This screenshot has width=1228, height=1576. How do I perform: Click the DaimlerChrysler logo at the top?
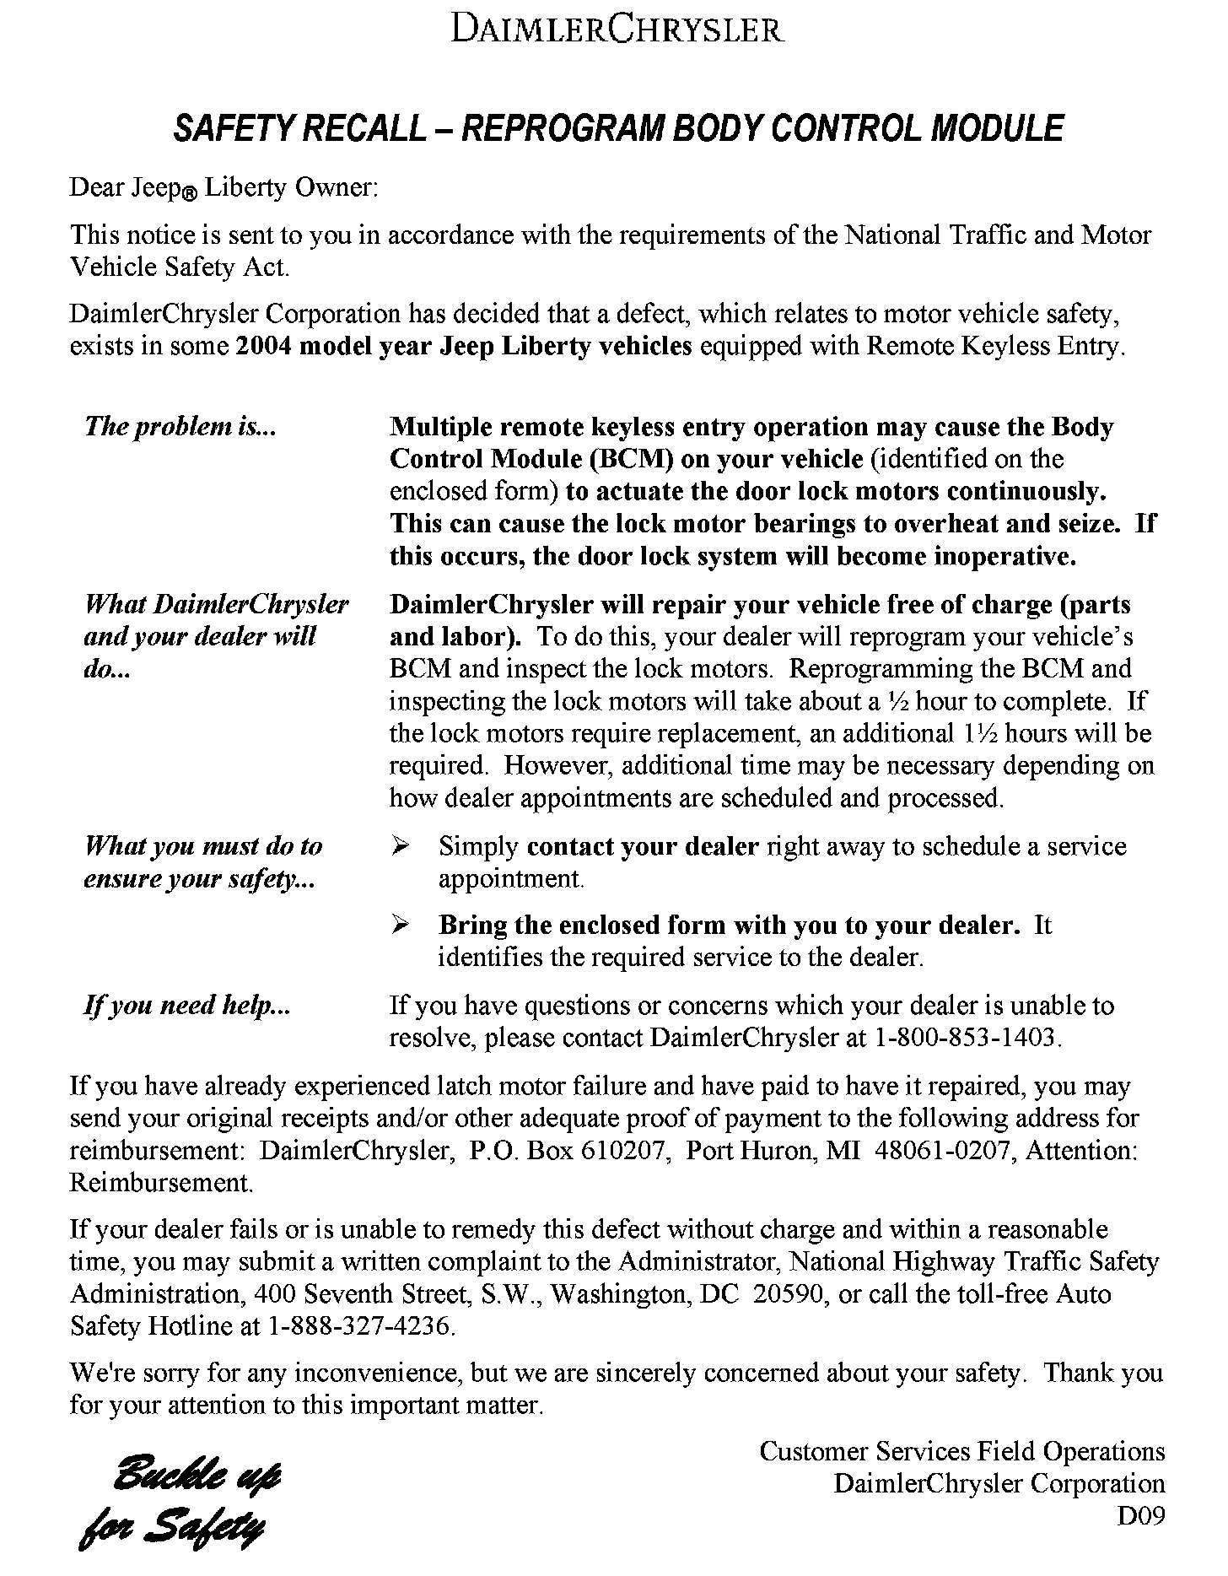(617, 30)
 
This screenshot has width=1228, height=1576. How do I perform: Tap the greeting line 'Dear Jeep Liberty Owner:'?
(224, 187)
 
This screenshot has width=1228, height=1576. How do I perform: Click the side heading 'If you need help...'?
(187, 1006)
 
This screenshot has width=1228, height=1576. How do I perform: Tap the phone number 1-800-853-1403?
(966, 1038)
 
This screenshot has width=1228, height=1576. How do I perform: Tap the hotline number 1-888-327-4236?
(361, 1326)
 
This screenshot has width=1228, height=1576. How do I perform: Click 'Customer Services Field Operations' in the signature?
(962, 1451)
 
